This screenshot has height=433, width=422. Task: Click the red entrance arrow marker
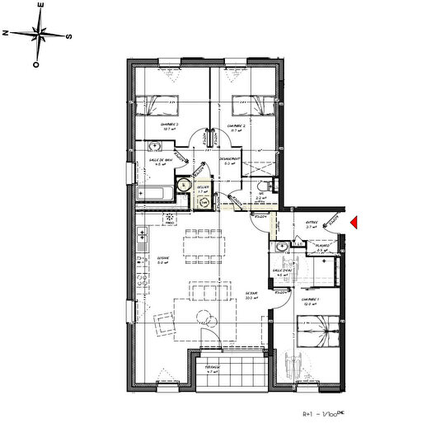[352, 223]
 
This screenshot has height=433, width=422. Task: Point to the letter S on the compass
[70, 36]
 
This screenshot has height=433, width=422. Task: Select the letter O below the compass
[35, 63]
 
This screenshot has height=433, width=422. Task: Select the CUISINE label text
[163, 258]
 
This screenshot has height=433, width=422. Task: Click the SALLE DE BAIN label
[161, 160]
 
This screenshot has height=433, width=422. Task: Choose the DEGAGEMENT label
[230, 159]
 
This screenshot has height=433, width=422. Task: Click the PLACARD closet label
[323, 245]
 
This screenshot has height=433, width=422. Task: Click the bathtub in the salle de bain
[156, 195]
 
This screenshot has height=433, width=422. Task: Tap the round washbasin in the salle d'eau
[282, 246]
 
